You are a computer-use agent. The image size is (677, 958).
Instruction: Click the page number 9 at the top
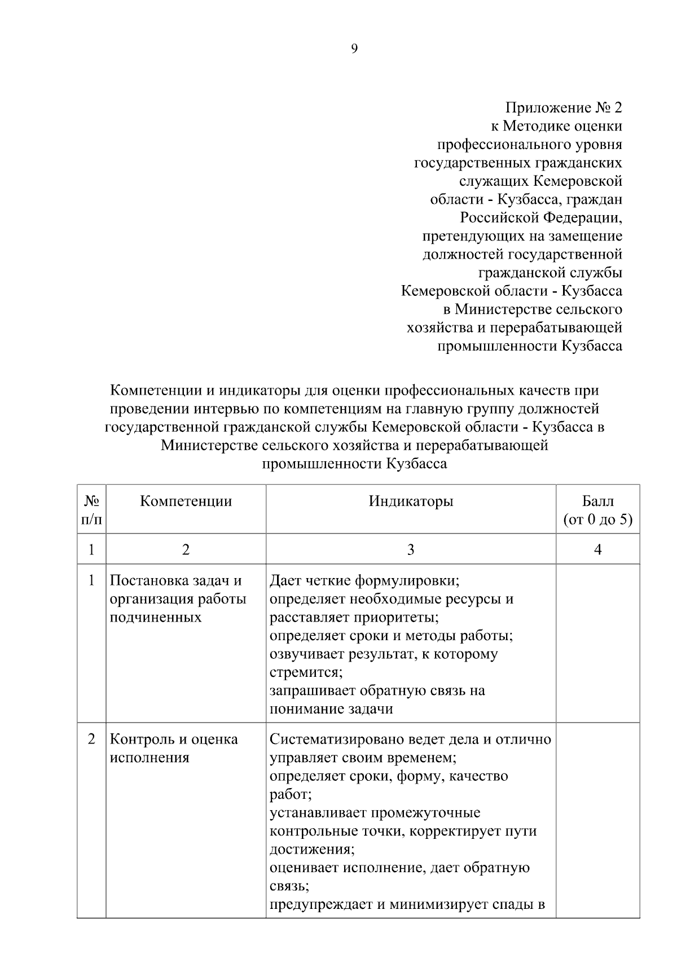click(354, 49)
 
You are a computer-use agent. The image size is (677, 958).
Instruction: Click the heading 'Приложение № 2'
click(563, 107)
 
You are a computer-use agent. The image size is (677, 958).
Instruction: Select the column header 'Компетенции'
click(186, 501)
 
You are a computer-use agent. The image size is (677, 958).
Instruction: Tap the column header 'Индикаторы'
click(411, 501)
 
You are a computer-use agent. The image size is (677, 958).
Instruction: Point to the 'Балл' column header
click(597, 501)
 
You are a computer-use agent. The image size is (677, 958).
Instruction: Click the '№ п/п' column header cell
click(92, 510)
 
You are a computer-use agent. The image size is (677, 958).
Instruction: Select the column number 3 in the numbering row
click(411, 549)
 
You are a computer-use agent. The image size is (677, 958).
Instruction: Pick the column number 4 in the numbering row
click(597, 549)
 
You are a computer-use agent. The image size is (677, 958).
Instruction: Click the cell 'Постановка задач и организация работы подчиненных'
click(178, 599)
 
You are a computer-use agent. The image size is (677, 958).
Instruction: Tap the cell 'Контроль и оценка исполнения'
click(173, 748)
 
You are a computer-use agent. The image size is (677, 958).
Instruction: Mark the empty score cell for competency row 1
click(597, 644)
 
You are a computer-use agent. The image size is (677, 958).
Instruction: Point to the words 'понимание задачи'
click(331, 709)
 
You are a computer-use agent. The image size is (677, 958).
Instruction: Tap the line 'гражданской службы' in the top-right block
click(550, 273)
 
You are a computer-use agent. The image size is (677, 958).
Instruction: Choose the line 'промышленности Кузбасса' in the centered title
click(354, 464)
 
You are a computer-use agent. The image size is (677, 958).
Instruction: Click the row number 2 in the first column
click(92, 739)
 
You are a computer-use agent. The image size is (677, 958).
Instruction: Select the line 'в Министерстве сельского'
click(532, 309)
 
